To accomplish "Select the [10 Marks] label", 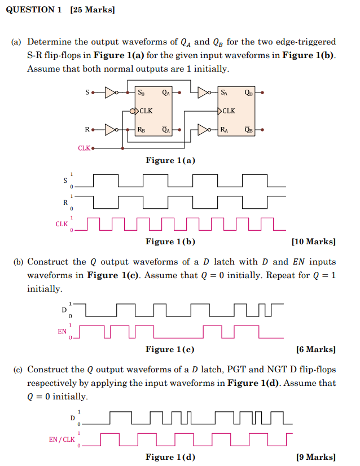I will (313, 241).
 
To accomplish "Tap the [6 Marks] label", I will (315, 349).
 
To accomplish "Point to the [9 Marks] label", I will (315, 457).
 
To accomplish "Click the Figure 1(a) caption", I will (170, 160).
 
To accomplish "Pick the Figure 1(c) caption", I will (170, 349).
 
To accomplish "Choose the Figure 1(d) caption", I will (170, 457).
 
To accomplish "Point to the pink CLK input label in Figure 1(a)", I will (84, 148).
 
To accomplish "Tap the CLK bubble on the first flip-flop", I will (133, 111).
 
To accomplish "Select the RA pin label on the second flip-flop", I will (225, 130).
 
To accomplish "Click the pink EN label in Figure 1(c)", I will (62, 332).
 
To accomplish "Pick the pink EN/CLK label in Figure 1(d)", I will (62, 439).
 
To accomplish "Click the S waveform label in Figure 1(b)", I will (65, 181).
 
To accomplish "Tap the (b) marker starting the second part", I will (19, 262).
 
